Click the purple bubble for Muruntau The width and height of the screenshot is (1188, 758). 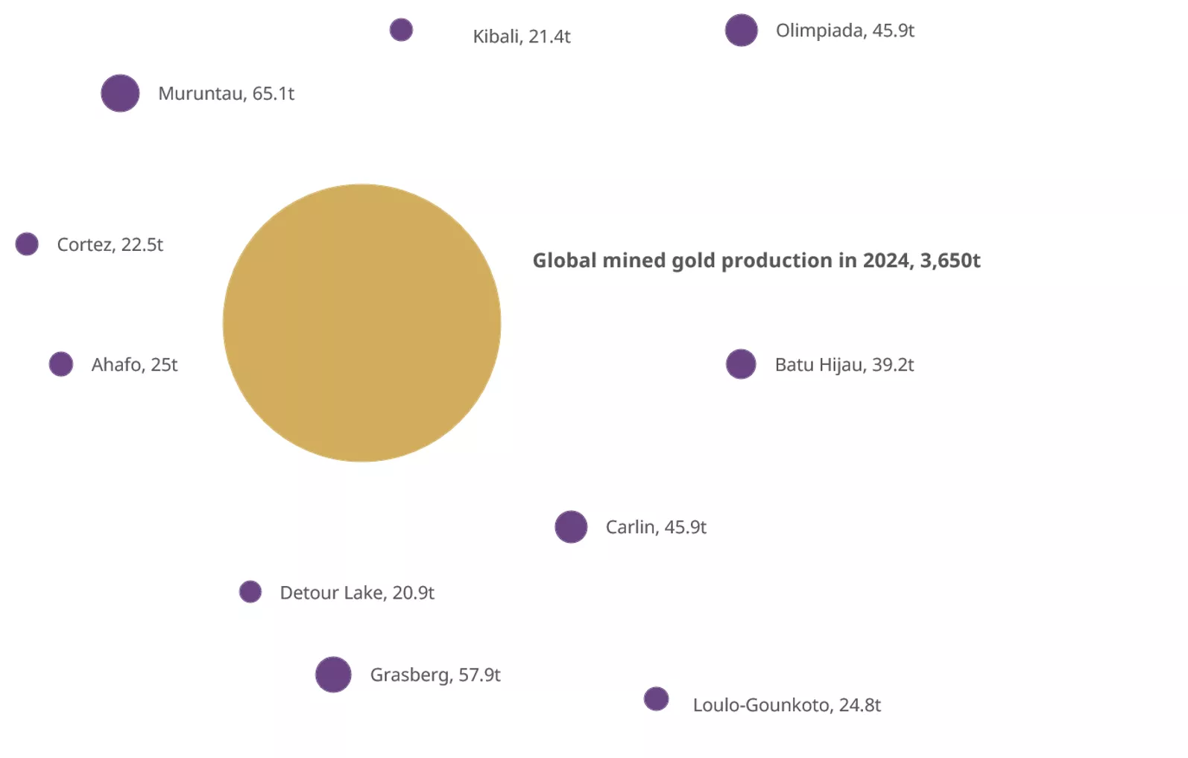(x=120, y=93)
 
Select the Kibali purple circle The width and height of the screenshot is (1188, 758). (x=401, y=30)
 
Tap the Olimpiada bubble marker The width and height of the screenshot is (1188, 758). (x=741, y=31)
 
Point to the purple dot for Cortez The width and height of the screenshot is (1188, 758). (x=27, y=243)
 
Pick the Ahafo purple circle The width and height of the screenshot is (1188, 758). (x=61, y=364)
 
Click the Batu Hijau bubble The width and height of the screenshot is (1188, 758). (x=741, y=364)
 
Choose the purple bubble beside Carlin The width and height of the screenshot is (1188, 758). (x=571, y=526)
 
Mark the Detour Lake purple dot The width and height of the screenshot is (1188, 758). (x=250, y=592)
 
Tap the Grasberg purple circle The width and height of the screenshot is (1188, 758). (x=333, y=675)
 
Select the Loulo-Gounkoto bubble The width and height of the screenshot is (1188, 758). (x=656, y=699)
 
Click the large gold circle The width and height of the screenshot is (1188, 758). (x=361, y=322)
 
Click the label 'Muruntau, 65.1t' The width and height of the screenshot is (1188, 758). (x=226, y=94)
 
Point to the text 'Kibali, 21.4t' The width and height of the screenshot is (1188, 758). (x=522, y=36)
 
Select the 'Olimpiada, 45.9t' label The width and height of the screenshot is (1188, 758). (x=844, y=31)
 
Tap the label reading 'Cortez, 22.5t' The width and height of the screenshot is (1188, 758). (x=110, y=244)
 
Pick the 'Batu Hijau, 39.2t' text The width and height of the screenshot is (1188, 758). (x=844, y=365)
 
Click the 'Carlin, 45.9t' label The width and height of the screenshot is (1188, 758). (x=656, y=527)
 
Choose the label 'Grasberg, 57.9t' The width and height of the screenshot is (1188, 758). (x=435, y=675)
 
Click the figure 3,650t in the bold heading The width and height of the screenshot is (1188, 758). (x=950, y=261)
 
